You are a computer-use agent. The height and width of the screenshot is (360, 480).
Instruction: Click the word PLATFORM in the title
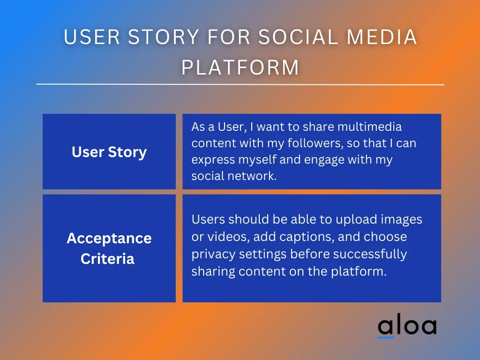[x=240, y=67]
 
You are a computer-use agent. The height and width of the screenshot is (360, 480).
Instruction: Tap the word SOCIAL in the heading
[x=298, y=37]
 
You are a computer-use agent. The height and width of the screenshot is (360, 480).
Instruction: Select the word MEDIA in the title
[x=382, y=37]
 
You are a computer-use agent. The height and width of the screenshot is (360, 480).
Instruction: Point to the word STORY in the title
[x=164, y=37]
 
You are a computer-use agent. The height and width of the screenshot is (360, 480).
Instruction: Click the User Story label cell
[x=109, y=151]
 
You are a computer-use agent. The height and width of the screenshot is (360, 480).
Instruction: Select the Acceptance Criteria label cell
[x=109, y=248]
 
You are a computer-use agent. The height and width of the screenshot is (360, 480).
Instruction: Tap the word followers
[x=315, y=143]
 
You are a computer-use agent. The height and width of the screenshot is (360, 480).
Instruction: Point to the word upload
[x=356, y=220]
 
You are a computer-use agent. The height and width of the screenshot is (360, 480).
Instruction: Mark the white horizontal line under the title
[x=240, y=84]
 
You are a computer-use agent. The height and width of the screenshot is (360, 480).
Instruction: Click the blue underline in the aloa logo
[x=386, y=337]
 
